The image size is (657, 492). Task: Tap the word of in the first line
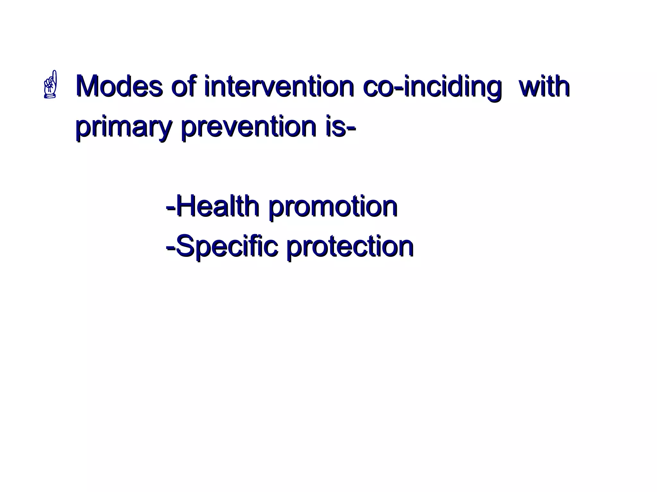click(184, 86)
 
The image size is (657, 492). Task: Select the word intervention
click(279, 86)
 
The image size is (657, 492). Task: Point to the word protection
click(350, 248)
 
